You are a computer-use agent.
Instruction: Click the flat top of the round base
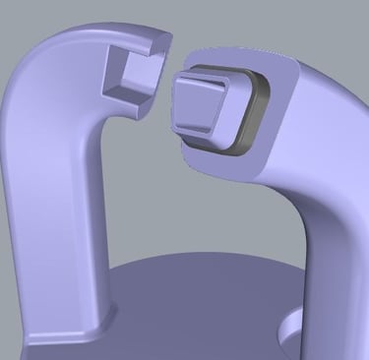click(197, 315)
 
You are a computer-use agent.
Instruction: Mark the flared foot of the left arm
click(69, 330)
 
